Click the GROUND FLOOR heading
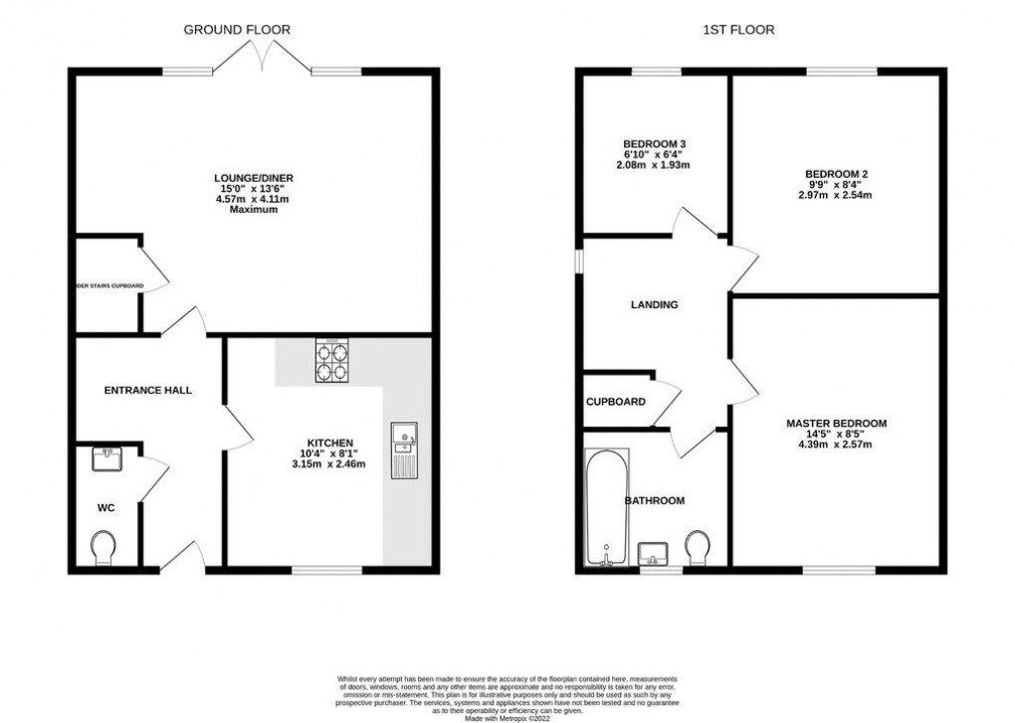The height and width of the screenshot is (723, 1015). click(x=237, y=30)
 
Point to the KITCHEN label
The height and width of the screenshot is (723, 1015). click(x=330, y=443)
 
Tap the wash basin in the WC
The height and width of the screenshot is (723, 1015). click(x=105, y=459)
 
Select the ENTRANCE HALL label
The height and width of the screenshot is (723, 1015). click(x=148, y=390)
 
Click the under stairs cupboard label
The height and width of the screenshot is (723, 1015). click(x=109, y=286)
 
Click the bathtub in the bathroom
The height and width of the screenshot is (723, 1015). click(x=606, y=507)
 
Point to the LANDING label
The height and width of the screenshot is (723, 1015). click(x=655, y=304)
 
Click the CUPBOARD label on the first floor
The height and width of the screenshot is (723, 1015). click(x=615, y=402)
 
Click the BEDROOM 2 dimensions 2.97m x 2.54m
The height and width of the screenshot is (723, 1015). click(x=836, y=195)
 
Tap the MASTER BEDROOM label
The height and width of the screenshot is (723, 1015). click(x=836, y=424)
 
